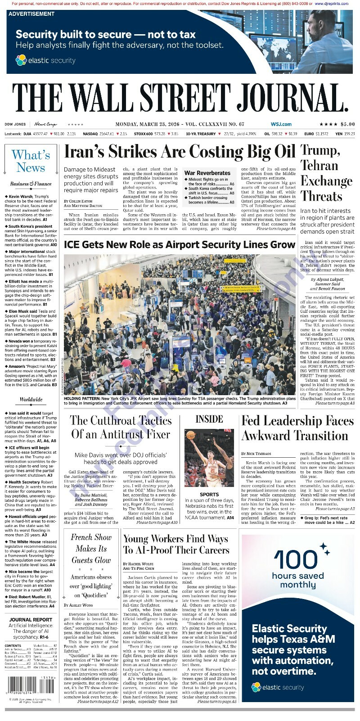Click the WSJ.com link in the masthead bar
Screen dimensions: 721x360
pyautogui.click(x=281, y=124)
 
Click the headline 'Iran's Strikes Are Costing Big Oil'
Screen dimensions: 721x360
pyautogui.click(x=180, y=152)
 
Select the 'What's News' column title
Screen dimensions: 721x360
pyautogui.click(x=31, y=161)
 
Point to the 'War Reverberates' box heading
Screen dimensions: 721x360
pyautogui.click(x=207, y=173)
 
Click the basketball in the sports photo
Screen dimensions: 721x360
pyautogui.click(x=191, y=435)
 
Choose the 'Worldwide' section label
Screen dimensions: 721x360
pyautogui.click(x=31, y=399)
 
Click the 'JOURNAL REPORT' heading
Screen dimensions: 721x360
pyautogui.click(x=31, y=619)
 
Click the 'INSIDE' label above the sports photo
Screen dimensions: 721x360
pyautogui.click(x=209, y=419)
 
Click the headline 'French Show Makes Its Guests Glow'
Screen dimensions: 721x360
pyautogui.click(x=91, y=549)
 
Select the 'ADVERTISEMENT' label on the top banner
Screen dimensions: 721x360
pyautogui.click(x=31, y=14)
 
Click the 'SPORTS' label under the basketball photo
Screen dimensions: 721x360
pyautogui.click(x=209, y=494)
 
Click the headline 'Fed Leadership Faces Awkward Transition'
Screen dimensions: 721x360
pyautogui.click(x=297, y=428)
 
